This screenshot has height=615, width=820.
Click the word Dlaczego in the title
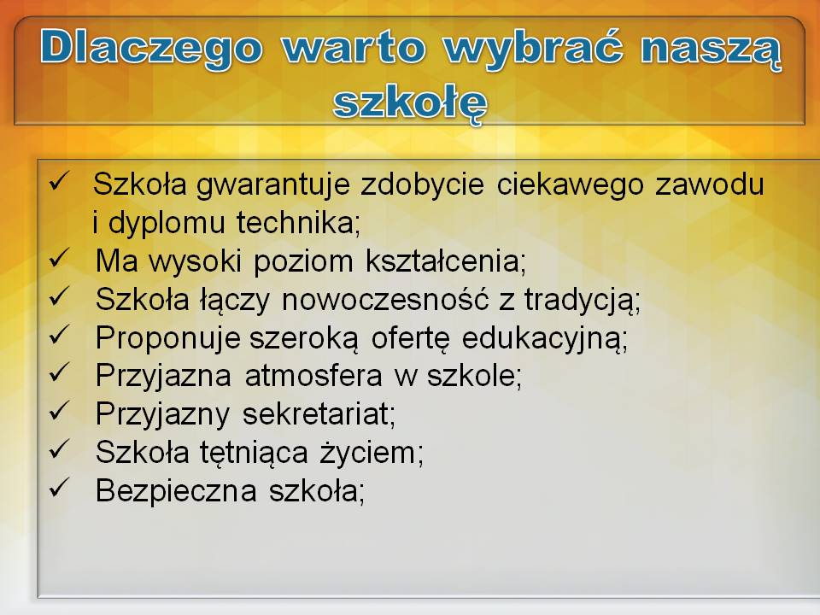point(152,48)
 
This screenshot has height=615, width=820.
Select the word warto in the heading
point(353,47)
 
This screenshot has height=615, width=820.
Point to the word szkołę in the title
point(411,103)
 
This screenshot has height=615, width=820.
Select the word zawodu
point(710,184)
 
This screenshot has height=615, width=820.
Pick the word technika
point(299,222)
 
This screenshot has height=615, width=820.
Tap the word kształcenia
point(446,261)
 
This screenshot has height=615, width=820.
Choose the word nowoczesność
point(385,299)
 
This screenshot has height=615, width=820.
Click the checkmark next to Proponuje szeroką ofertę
point(59,334)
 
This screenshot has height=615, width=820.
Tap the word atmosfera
point(313,376)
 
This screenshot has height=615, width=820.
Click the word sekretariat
point(319,413)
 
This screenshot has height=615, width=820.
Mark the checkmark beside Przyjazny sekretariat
point(59,411)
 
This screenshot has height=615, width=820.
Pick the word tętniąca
point(255,453)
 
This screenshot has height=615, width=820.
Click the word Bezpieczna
point(176,490)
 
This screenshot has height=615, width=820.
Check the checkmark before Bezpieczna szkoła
point(59,488)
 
